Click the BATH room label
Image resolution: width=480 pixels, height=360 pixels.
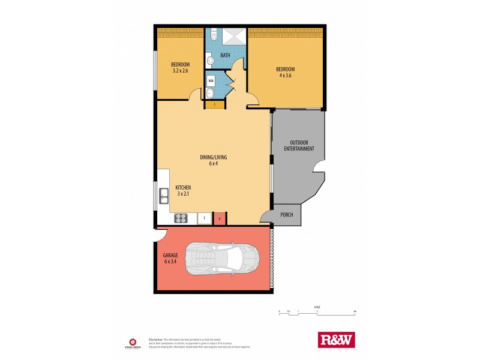pyautogui.click(x=225, y=56)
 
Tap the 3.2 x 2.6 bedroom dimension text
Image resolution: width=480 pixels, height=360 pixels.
pyautogui.click(x=181, y=71)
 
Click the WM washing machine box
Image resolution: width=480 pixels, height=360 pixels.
pyautogui.click(x=211, y=80)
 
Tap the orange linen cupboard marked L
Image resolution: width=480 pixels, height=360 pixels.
pyautogui.click(x=215, y=105)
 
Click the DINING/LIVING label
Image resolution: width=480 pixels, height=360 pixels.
pyautogui.click(x=214, y=158)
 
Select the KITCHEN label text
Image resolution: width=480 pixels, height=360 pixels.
pyautogui.click(x=183, y=188)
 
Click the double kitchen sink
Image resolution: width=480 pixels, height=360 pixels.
pyautogui.click(x=163, y=195)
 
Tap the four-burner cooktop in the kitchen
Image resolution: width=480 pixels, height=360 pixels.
pyautogui.click(x=181, y=218)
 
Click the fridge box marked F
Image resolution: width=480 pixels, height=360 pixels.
pyautogui.click(x=205, y=218)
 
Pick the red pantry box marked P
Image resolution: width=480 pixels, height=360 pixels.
pyautogui.click(x=220, y=219)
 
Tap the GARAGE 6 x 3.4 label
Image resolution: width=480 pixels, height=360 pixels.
pyautogui.click(x=171, y=259)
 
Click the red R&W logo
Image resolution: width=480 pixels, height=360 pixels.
pyautogui.click(x=336, y=340)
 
